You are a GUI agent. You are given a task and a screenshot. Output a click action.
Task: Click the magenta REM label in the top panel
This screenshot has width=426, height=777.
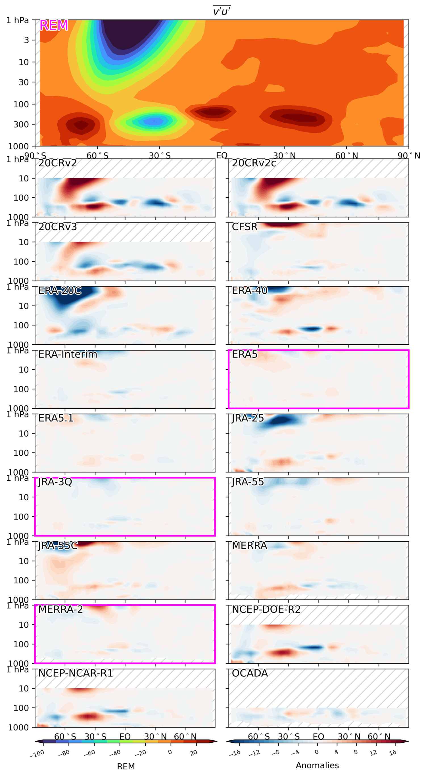click(x=54, y=25)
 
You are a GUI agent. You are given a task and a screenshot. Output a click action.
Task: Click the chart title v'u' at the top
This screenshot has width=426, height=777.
click(x=222, y=11)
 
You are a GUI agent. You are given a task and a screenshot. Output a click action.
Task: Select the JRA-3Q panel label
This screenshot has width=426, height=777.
click(x=55, y=482)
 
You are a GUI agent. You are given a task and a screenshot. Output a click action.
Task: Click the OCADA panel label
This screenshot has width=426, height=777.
click(x=250, y=673)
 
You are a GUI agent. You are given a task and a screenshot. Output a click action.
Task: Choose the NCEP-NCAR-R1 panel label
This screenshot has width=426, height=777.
click(x=76, y=673)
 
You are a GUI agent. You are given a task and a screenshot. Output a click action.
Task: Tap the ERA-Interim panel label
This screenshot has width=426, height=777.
click(x=68, y=354)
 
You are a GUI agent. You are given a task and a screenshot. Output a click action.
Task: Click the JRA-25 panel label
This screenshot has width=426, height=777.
click(x=248, y=418)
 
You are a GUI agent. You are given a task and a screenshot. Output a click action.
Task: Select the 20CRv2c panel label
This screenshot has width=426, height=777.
click(x=254, y=163)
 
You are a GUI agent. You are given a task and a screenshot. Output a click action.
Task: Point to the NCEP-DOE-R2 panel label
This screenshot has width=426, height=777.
click(x=266, y=610)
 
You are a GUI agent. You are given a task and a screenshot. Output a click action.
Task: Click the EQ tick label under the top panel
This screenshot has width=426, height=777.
click(x=222, y=156)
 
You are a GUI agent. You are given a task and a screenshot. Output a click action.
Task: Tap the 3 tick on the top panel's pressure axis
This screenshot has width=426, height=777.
click(x=26, y=40)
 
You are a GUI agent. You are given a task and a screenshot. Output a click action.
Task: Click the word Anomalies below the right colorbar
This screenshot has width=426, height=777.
click(x=317, y=765)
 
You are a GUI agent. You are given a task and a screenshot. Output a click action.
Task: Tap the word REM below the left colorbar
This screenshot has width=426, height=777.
click(x=126, y=766)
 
